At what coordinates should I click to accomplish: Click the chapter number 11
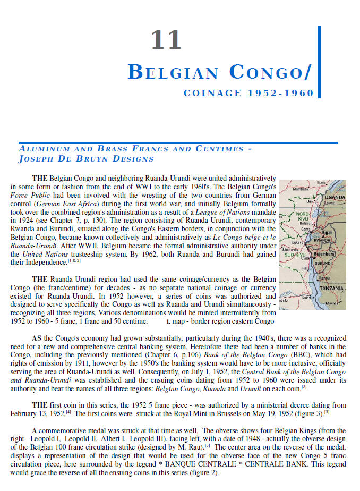tap(166, 41)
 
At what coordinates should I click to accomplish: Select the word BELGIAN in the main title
tap(173, 72)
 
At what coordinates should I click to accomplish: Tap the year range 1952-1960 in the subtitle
tap(280, 94)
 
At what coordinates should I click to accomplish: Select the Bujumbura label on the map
tap(325, 254)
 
